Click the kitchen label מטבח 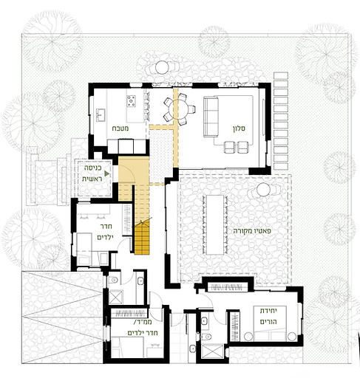coord(120,128)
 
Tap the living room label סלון coord(239,128)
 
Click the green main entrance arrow coord(106,173)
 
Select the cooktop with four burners coord(132,101)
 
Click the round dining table coord(178,109)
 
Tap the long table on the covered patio coord(214,224)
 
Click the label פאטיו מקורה coord(252,231)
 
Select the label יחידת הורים coord(268,316)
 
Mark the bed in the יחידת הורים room coord(271,323)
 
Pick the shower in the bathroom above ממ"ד coord(115,298)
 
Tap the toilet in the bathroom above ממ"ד coord(114,280)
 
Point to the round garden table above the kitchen coord(162,67)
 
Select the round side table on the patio coord(263,190)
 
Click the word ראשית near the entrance coord(92,179)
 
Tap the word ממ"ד coord(143,322)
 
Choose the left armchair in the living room coord(230,147)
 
